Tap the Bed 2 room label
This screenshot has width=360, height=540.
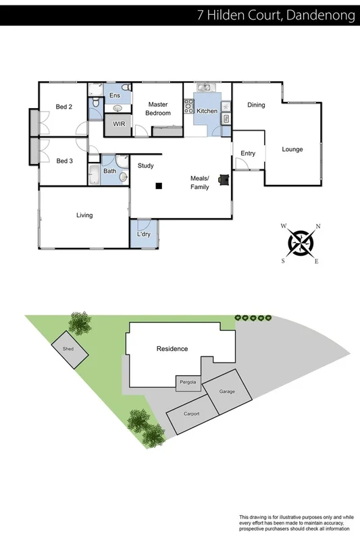64,107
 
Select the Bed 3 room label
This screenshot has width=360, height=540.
64,161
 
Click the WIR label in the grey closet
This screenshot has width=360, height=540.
119,125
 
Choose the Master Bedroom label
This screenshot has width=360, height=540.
158,109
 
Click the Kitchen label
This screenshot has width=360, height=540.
207,111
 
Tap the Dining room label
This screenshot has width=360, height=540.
256,105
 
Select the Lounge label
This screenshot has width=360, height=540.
292,149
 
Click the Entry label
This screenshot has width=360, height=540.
248,154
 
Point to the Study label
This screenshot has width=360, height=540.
146,165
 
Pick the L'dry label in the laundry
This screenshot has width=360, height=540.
143,234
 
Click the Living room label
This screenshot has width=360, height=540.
84,215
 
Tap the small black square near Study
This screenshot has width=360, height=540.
159,186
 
